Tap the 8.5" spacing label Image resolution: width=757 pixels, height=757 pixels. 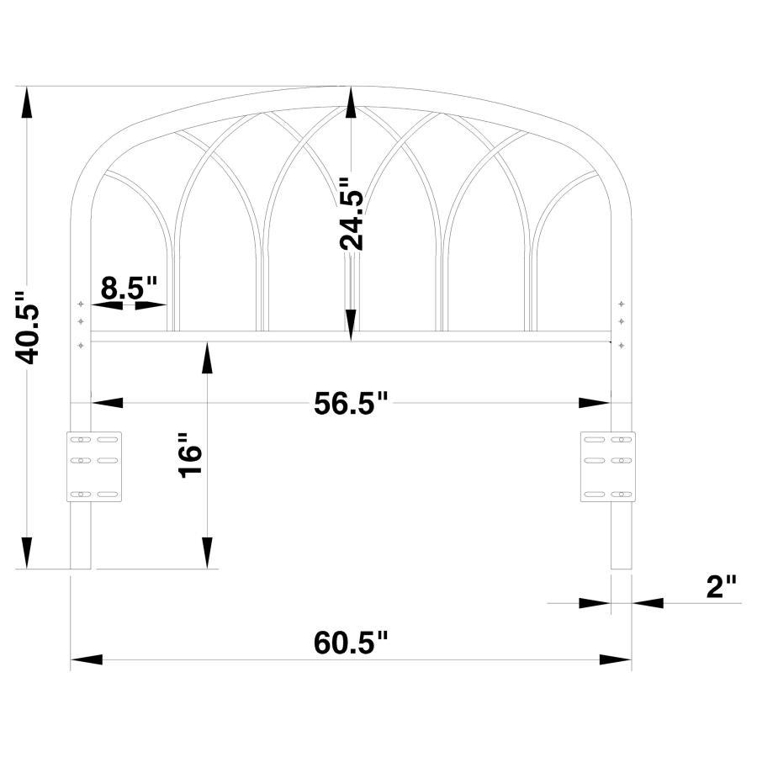coord(129,288)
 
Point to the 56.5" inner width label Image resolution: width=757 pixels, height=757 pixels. coord(351,403)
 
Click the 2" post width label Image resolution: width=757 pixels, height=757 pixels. coord(721,586)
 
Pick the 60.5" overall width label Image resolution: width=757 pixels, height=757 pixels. coord(352,643)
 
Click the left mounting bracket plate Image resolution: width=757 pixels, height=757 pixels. coord(94,466)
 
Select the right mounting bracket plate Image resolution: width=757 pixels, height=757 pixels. coord(608,466)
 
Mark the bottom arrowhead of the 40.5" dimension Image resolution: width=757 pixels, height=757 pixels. coord(29,553)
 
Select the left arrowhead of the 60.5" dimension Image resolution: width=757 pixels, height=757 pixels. coord(86,659)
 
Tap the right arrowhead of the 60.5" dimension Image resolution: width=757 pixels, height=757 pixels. coord(616,659)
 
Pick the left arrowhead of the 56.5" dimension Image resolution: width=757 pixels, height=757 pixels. coord(107,404)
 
